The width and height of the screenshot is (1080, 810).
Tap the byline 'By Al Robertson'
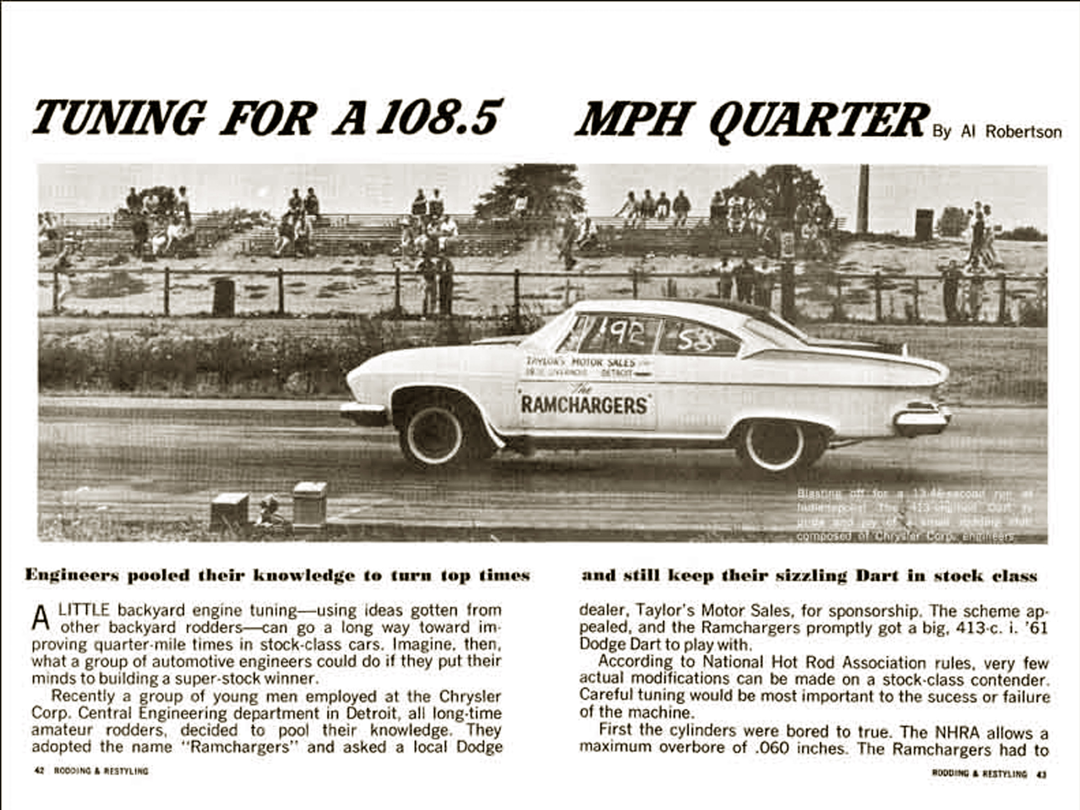pos(996,132)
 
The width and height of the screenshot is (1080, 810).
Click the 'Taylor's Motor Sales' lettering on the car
pos(581,362)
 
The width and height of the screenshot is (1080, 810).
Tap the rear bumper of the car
pos(921,421)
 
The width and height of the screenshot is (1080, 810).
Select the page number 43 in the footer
pos(1041,773)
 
